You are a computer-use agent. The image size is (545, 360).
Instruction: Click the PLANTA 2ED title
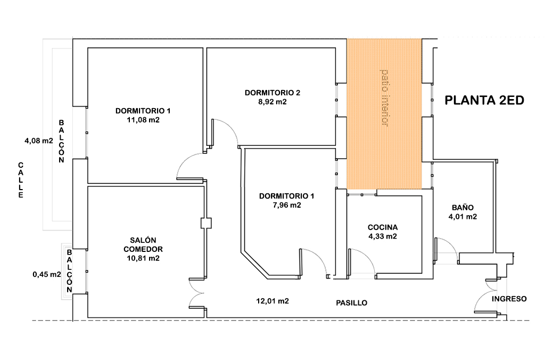click(x=484, y=101)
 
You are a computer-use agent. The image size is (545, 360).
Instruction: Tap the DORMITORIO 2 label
click(x=272, y=93)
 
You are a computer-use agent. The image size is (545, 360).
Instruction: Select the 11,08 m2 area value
click(x=143, y=120)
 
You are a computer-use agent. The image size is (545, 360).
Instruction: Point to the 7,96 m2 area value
click(x=286, y=205)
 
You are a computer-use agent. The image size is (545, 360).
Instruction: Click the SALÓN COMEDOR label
click(x=143, y=244)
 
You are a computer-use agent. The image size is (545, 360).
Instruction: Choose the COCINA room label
click(x=383, y=227)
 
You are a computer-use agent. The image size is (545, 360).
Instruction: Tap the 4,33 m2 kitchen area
click(x=383, y=236)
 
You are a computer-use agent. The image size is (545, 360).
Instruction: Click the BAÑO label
click(x=463, y=208)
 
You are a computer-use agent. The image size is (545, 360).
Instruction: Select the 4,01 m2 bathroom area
click(x=463, y=217)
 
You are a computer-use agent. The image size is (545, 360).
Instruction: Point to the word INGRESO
click(x=509, y=299)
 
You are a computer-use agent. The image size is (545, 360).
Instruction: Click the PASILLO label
click(x=351, y=303)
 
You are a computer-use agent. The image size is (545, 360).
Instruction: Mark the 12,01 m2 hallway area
click(x=272, y=301)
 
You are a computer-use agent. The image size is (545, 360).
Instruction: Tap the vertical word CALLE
click(x=21, y=180)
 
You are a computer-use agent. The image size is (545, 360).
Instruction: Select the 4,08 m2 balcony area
click(x=38, y=141)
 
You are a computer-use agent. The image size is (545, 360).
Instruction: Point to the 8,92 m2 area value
click(x=272, y=102)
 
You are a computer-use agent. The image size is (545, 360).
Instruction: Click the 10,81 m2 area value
click(x=143, y=258)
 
